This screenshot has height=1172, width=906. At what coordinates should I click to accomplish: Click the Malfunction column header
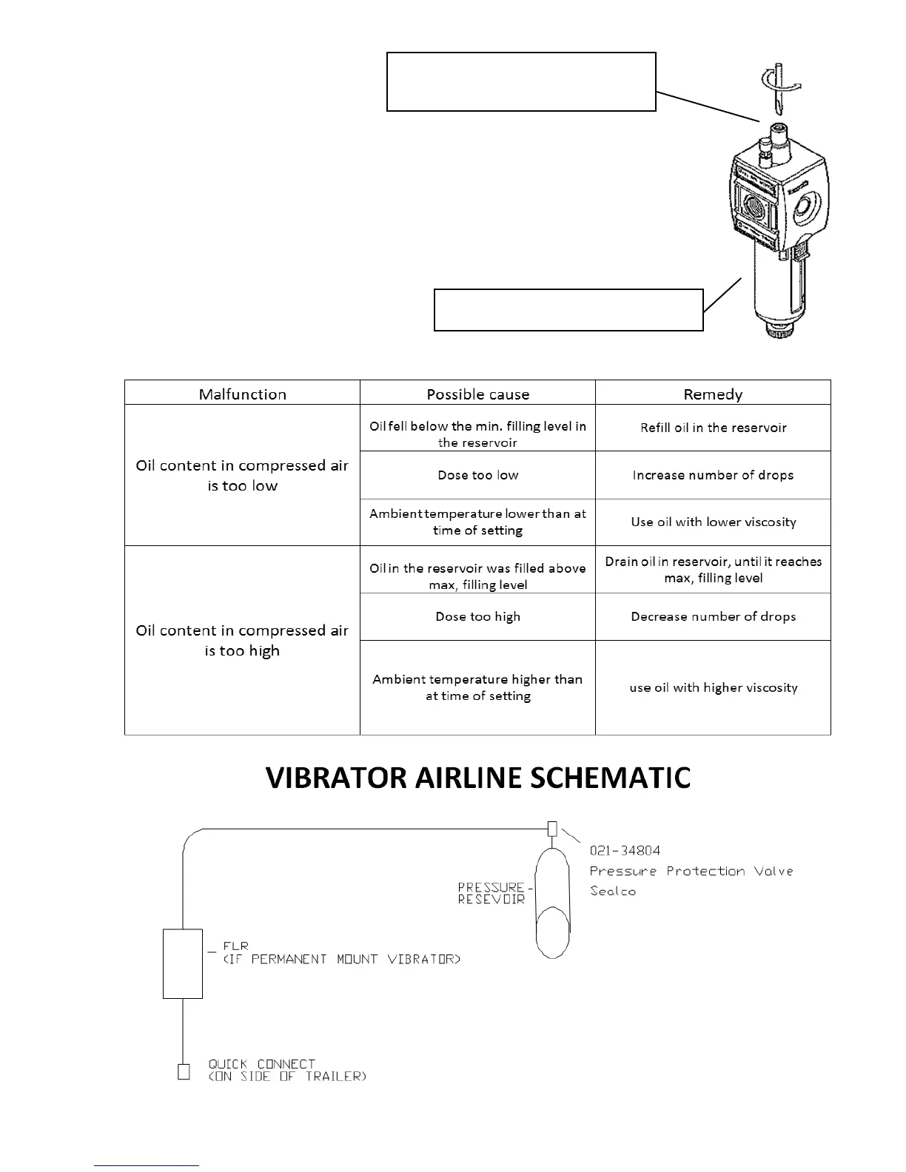[x=242, y=394]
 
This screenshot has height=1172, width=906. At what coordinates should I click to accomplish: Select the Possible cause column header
[x=477, y=394]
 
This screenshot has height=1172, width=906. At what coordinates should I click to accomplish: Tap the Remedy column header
[x=713, y=394]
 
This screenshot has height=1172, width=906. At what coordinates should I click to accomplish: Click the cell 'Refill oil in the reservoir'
[x=713, y=428]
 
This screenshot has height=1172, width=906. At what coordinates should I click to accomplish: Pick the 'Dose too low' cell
[x=477, y=475]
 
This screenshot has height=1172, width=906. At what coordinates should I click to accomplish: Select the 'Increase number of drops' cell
[x=713, y=475]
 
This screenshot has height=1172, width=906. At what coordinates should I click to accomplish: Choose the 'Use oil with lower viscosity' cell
[x=713, y=522]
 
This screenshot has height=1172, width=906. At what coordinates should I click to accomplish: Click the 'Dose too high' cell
[x=477, y=616]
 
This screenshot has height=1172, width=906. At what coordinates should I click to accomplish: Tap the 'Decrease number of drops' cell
[x=713, y=616]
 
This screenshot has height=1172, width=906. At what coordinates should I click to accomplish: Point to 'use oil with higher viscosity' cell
[x=713, y=687]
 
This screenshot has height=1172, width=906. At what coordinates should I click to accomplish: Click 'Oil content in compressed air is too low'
[x=242, y=475]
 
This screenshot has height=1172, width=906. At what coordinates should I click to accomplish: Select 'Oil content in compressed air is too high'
[x=242, y=640]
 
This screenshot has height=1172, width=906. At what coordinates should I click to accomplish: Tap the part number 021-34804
[x=625, y=851]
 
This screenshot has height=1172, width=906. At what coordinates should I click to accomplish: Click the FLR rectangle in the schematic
[x=183, y=963]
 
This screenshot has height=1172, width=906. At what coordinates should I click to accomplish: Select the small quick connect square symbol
[x=184, y=1071]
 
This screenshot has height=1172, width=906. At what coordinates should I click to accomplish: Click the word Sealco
[x=613, y=891]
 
